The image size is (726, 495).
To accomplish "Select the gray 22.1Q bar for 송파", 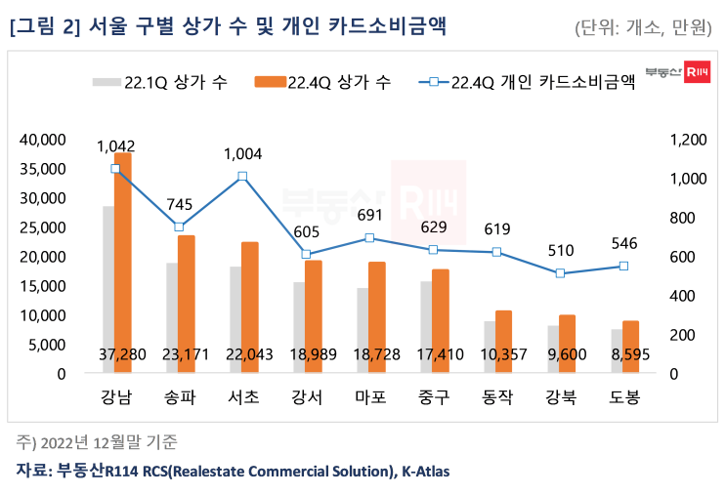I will click(172, 317).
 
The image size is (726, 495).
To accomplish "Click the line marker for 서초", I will click(242, 177).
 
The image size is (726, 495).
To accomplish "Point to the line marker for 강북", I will click(560, 273).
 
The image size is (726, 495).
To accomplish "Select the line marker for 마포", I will click(369, 238).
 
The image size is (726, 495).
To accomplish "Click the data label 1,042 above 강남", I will click(122, 146).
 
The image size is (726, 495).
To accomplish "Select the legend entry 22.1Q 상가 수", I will click(161, 83).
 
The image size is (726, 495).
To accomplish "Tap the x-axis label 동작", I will click(496, 397).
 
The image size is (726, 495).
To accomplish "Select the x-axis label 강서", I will click(306, 397).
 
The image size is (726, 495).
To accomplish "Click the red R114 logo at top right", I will click(698, 73).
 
